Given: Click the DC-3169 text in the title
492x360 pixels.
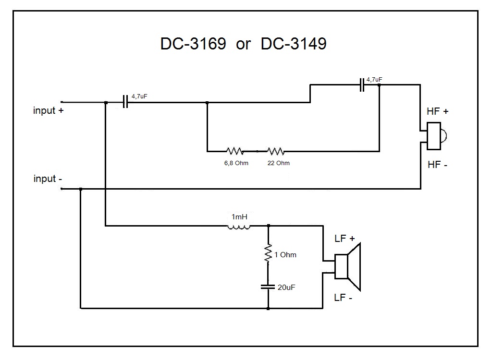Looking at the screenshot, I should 193,44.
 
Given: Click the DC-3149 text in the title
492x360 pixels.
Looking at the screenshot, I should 294,44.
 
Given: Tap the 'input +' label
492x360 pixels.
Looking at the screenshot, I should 49,111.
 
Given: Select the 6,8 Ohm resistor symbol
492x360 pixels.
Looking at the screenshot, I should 235,151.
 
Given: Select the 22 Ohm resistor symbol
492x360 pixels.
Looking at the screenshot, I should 276,151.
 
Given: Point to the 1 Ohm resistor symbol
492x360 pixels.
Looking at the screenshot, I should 268,253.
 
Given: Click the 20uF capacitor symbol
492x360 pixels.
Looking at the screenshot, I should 268,287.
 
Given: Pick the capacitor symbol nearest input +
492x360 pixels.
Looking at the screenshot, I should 125,102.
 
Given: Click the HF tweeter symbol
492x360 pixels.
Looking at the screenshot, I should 438,135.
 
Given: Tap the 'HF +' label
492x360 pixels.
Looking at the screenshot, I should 438,111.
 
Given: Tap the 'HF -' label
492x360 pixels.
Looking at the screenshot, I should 437,165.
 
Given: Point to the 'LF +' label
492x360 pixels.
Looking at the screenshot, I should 344,239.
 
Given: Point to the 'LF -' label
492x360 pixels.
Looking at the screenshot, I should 344,298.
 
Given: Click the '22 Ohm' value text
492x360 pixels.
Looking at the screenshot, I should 279,163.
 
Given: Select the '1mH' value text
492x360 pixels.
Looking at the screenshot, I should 239,216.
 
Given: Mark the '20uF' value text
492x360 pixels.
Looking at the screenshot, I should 287,287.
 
